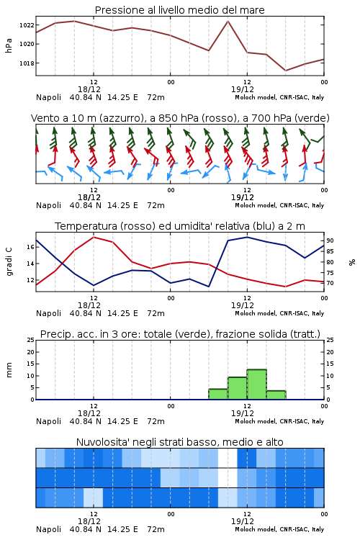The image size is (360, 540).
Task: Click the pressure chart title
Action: pos(179,10)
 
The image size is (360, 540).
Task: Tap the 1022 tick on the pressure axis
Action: pos(27,25)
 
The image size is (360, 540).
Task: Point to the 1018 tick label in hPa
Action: pos(27,63)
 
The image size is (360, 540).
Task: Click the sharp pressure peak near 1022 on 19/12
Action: pos(228,22)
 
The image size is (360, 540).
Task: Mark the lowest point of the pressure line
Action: pos(285,71)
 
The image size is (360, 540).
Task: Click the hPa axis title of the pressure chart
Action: pos(9,45)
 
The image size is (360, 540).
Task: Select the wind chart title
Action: pos(180,118)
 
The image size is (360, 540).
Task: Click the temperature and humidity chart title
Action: pos(180,226)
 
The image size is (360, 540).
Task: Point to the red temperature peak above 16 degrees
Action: pos(94,237)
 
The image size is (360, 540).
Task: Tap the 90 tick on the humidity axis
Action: pos(330,240)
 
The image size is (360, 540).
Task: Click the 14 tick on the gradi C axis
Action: pos(30,264)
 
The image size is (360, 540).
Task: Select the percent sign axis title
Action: pos(352,262)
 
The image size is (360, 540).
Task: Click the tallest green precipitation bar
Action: pos(256,384)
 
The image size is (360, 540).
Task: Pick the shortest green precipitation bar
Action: pos(276,395)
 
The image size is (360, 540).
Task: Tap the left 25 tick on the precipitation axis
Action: pos(31,340)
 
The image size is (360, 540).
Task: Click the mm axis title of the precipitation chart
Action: pos(9,370)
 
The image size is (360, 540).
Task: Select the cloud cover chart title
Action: pos(179,442)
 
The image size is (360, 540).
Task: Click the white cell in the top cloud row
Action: pos(228,458)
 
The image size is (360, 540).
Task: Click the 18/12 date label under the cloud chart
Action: pos(89,521)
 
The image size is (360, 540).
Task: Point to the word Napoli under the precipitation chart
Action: pos(48,421)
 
